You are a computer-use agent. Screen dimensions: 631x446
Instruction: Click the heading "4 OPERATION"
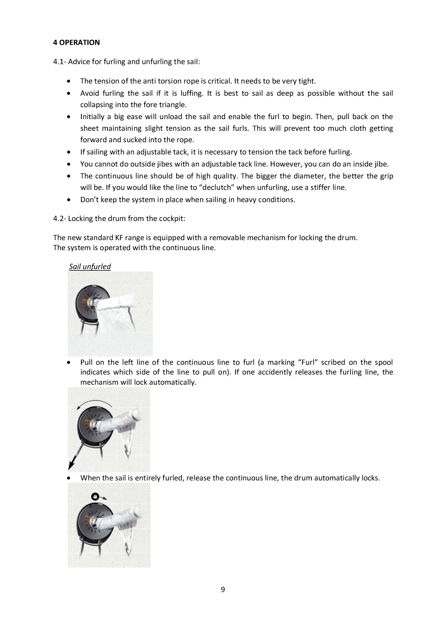[76, 42]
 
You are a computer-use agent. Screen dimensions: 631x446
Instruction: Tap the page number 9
[223, 589]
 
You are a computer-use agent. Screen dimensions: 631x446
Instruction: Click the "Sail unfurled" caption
[90, 266]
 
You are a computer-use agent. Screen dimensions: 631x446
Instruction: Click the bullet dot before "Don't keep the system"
[69, 200]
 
